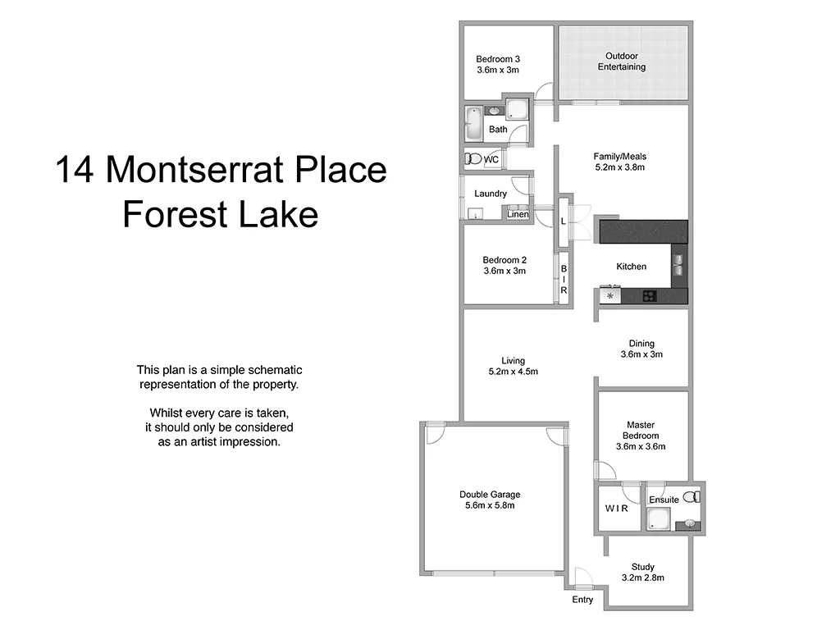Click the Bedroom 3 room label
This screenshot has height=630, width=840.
point(498,59)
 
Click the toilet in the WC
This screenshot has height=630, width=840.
point(472,159)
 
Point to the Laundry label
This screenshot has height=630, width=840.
point(491,194)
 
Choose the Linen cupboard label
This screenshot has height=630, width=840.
point(518,215)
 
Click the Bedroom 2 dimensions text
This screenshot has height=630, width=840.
point(504,271)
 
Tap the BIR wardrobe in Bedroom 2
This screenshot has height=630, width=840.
point(564,279)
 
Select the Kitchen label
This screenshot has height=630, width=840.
point(632,267)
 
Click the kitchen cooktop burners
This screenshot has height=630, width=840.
point(650,296)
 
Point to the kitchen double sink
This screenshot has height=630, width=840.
point(679,263)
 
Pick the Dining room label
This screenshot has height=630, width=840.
point(641,344)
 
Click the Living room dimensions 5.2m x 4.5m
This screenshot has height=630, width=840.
point(514,372)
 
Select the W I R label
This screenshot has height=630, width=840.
point(617,509)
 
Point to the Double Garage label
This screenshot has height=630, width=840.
point(490,495)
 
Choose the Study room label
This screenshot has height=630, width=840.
point(643,567)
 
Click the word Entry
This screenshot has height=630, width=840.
point(582,600)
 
